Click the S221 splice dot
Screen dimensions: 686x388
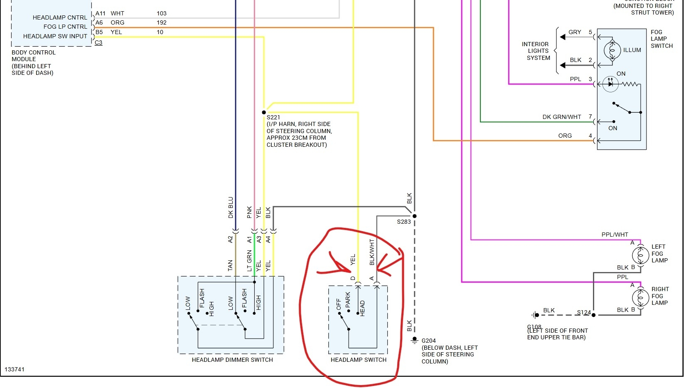click(x=264, y=112)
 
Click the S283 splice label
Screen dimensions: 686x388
click(x=403, y=222)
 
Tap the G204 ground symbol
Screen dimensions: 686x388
click(x=414, y=341)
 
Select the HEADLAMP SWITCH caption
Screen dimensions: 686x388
click(x=358, y=360)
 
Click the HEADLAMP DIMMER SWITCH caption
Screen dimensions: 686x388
click(x=232, y=360)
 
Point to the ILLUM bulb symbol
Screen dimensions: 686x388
click(x=612, y=50)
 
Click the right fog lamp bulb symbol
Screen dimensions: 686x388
click(x=640, y=297)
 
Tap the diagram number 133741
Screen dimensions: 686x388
click(x=15, y=369)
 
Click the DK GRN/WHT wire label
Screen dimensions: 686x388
click(x=562, y=117)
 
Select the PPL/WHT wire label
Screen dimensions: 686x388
click(x=615, y=235)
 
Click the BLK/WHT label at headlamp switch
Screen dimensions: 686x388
click(x=372, y=252)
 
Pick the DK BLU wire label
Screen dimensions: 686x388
click(x=231, y=208)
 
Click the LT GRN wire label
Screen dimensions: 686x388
click(x=249, y=261)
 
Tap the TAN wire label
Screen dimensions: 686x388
click(x=230, y=266)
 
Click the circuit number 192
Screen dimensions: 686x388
click(x=162, y=22)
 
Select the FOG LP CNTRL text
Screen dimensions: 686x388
click(x=65, y=27)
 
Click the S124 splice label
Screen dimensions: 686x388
click(x=584, y=312)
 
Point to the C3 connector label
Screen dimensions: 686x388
click(x=98, y=42)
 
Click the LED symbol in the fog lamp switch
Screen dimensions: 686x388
click(x=610, y=84)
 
